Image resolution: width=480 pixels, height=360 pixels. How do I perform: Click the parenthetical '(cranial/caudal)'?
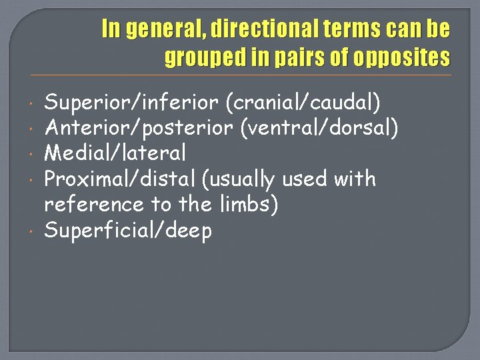point(303,103)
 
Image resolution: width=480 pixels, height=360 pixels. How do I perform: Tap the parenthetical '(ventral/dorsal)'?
point(320,128)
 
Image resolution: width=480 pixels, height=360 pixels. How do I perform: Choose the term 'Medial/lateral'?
point(115,153)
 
